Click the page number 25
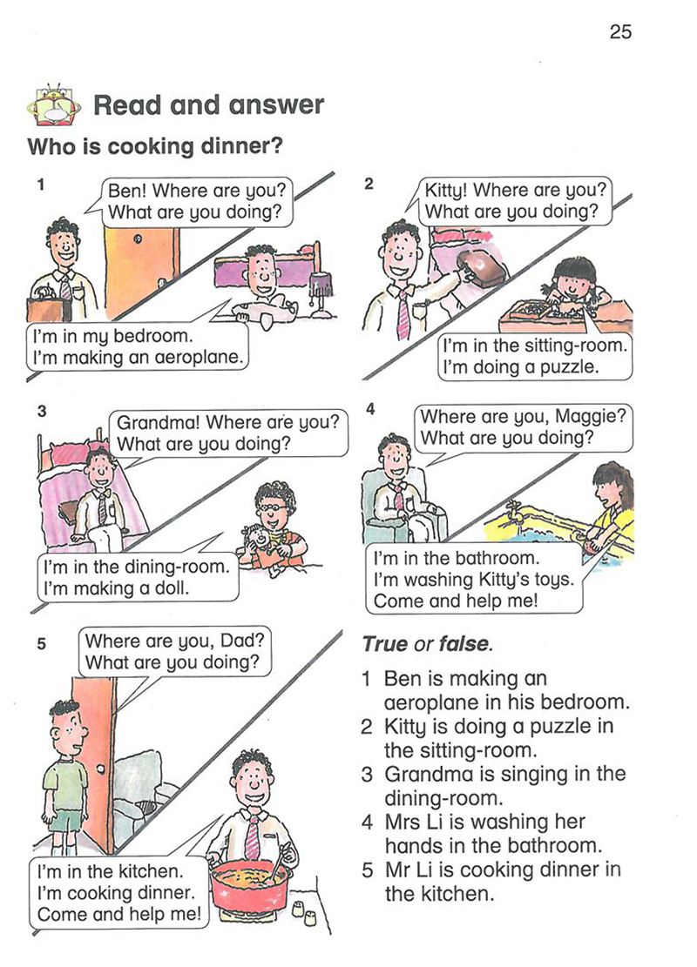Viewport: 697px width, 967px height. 620,31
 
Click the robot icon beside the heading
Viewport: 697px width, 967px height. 53,104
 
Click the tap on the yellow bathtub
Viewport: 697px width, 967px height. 511,511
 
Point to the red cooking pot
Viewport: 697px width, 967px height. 249,889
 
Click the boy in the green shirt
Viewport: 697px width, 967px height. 67,777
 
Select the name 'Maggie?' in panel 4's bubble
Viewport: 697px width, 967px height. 591,417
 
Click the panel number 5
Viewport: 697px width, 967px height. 41,644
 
